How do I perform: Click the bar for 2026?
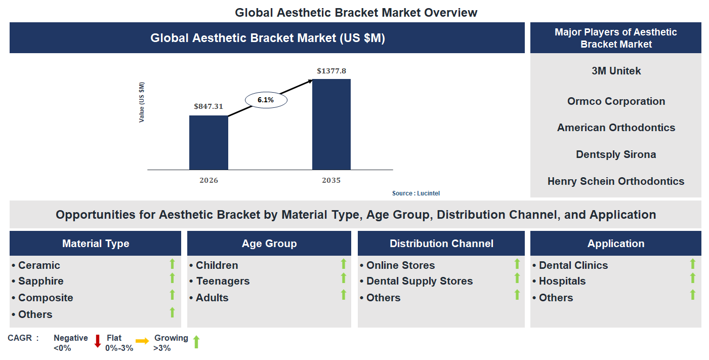pyautogui.click(x=208, y=142)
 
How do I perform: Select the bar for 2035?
pyautogui.click(x=331, y=124)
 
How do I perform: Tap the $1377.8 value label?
pyautogui.click(x=331, y=71)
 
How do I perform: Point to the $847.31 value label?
pyautogui.click(x=208, y=107)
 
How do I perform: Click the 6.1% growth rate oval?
pyautogui.click(x=266, y=100)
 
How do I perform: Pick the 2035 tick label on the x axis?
pyautogui.click(x=331, y=180)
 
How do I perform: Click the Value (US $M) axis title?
pyautogui.click(x=142, y=102)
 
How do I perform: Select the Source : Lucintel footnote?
pyautogui.click(x=420, y=193)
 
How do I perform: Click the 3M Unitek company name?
pyautogui.click(x=616, y=71)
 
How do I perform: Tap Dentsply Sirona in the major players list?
pyautogui.click(x=616, y=154)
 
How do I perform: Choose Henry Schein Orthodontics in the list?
pyautogui.click(x=616, y=181)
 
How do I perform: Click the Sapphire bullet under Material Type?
pyautogui.click(x=40, y=281)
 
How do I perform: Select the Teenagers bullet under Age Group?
pyautogui.click(x=223, y=281)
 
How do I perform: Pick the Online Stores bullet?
pyautogui.click(x=400, y=265)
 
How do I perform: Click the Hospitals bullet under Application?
pyautogui.click(x=562, y=281)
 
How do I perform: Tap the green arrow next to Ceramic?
pyautogui.click(x=172, y=264)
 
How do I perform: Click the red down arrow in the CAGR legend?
pyautogui.click(x=98, y=341)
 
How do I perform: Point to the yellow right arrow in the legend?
pyautogui.click(x=142, y=341)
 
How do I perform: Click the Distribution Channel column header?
pyautogui.click(x=441, y=244)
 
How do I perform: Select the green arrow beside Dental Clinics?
pyautogui.click(x=693, y=264)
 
